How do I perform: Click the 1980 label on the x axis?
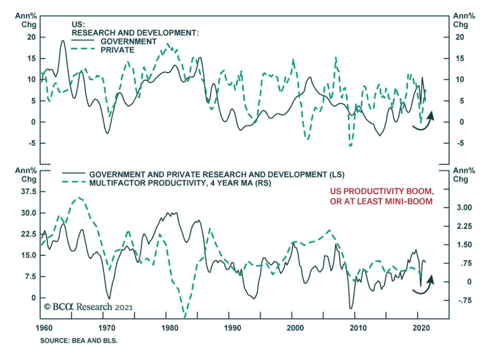coord(170,328)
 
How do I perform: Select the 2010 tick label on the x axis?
coord(358,328)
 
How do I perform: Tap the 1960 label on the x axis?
coord(44,328)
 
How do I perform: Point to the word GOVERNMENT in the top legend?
coord(128,41)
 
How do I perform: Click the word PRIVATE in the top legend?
coord(118,50)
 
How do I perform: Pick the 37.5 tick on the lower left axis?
coord(28,192)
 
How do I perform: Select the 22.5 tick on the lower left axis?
coord(28,234)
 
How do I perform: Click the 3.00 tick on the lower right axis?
coord(464,208)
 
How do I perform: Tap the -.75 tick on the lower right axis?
coord(465,301)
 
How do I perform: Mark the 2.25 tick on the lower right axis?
coord(464,227)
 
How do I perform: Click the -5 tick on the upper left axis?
coord(32,143)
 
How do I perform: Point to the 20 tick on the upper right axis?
coord(460,37)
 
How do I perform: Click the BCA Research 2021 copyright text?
coord(88,307)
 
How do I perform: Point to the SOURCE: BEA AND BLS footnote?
coord(79,341)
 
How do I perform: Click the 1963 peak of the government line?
coord(63,41)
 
